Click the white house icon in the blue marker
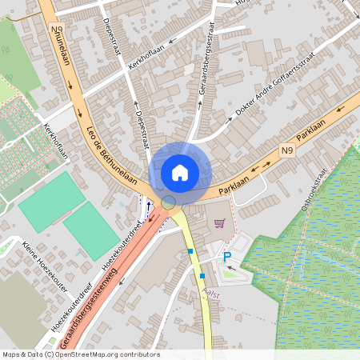click(x=180, y=172)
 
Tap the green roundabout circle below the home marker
click(x=169, y=202)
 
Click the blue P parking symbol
click(x=226, y=256)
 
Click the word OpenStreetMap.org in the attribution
click(x=85, y=354)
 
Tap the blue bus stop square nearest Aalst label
click(x=202, y=275)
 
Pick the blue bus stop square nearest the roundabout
click(x=190, y=251)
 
